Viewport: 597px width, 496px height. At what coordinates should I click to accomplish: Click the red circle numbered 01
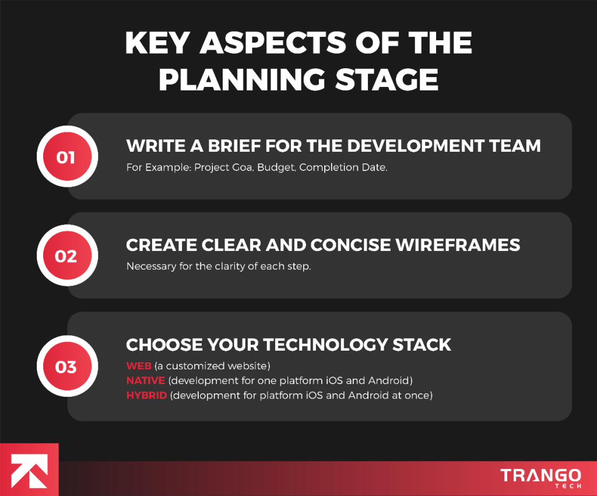click(x=66, y=158)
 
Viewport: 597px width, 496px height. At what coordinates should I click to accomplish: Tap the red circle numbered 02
click(x=66, y=256)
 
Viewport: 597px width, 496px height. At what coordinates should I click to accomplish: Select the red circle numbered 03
click(x=66, y=367)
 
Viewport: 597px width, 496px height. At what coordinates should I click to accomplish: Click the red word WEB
click(x=139, y=366)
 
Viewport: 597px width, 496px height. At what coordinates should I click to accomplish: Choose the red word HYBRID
click(x=146, y=395)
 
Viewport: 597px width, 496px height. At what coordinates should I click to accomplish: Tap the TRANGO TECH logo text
click(x=540, y=477)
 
